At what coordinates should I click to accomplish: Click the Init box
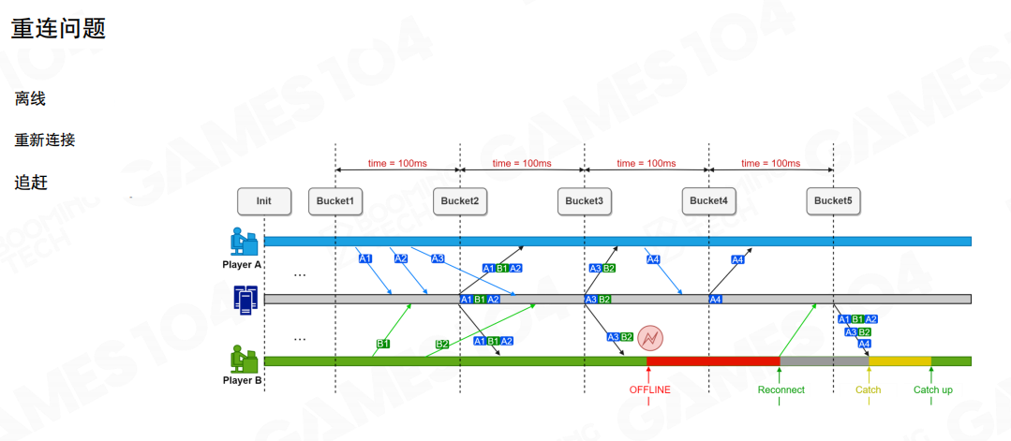pyautogui.click(x=264, y=200)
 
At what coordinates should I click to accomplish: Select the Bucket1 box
pyautogui.click(x=335, y=200)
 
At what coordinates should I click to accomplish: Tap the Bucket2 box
pyautogui.click(x=459, y=200)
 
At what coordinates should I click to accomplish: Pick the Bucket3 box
pyautogui.click(x=584, y=200)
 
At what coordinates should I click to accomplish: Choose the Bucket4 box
pyautogui.click(x=708, y=200)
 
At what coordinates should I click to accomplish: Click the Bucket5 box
pyautogui.click(x=833, y=200)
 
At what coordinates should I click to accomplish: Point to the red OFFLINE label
pyautogui.click(x=649, y=390)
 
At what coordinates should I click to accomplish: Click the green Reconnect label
pyautogui.click(x=781, y=390)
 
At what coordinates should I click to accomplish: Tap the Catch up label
pyautogui.click(x=932, y=390)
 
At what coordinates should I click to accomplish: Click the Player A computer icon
pyautogui.click(x=244, y=242)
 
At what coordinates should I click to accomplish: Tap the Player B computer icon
pyautogui.click(x=244, y=359)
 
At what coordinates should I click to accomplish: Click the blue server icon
pyautogui.click(x=245, y=300)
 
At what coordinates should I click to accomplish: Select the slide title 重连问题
pyautogui.click(x=58, y=28)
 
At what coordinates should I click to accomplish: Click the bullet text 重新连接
pyautogui.click(x=44, y=140)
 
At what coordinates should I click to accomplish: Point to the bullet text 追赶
pyautogui.click(x=31, y=182)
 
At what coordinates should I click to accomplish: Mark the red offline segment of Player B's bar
pyautogui.click(x=712, y=360)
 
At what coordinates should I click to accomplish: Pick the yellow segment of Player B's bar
pyautogui.click(x=899, y=360)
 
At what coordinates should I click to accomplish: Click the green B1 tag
pyautogui.click(x=383, y=344)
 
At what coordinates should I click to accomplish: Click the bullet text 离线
pyautogui.click(x=31, y=98)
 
